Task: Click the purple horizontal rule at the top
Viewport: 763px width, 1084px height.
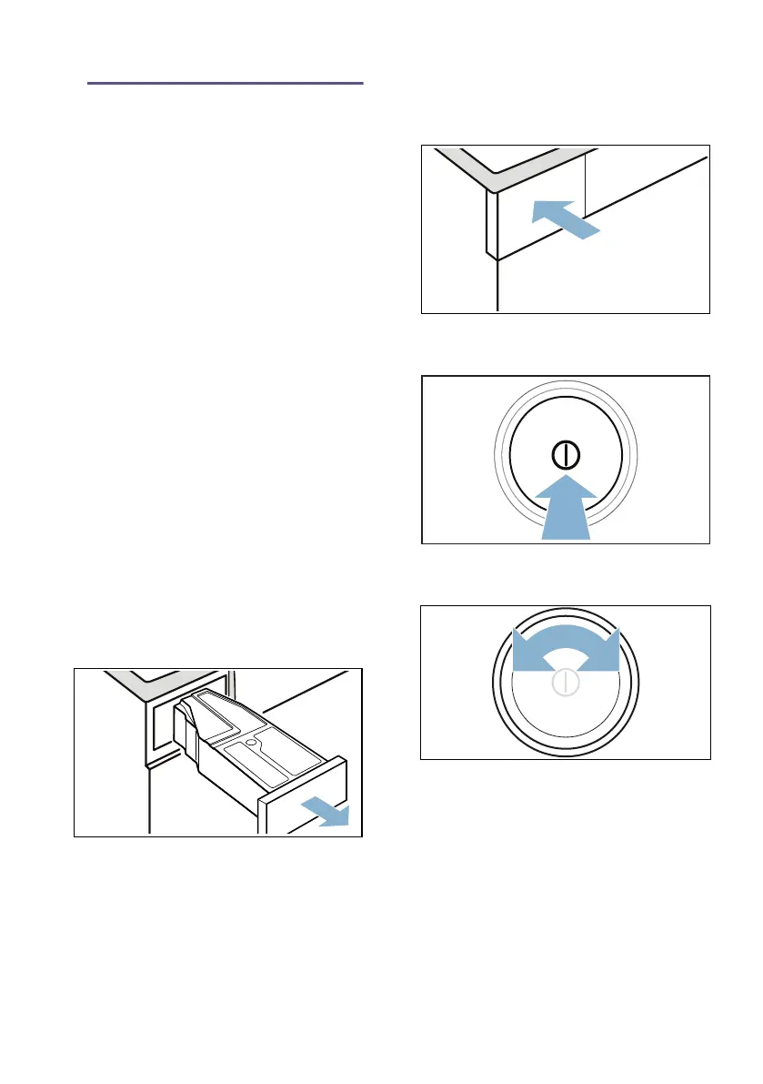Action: pyautogui.click(x=226, y=84)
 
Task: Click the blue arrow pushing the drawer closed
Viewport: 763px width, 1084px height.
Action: pyautogui.click(x=564, y=219)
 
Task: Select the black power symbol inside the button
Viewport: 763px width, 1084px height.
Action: pyautogui.click(x=565, y=455)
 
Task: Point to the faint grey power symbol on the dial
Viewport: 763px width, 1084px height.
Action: pyautogui.click(x=565, y=684)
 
